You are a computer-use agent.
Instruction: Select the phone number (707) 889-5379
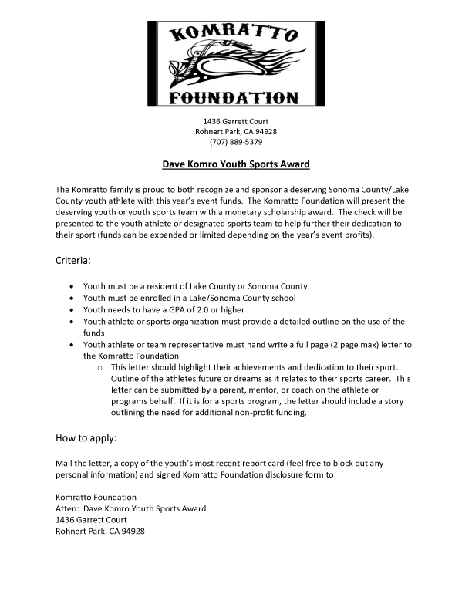point(235,142)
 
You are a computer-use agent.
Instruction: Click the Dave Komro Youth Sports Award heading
point(235,164)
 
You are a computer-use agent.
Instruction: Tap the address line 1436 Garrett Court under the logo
point(235,121)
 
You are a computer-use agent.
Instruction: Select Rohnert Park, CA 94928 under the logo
point(235,131)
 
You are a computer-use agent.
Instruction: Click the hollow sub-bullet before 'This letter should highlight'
point(100,367)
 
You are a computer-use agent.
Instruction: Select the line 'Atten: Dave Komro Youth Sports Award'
point(131,508)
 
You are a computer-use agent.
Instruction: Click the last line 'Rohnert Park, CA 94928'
point(101,532)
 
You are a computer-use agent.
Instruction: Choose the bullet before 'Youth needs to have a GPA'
point(72,309)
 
